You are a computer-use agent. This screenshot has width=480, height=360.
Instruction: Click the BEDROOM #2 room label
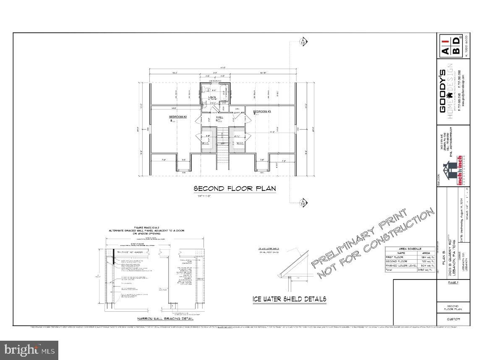pyautogui.click(x=177, y=117)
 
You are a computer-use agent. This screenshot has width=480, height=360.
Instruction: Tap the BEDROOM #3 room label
pyautogui.click(x=261, y=112)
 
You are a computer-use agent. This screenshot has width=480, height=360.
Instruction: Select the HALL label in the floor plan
pyautogui.click(x=219, y=117)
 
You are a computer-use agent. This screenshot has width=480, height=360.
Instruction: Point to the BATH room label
pyautogui.click(x=207, y=97)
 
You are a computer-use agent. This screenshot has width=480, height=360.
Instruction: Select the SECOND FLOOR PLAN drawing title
pyautogui.click(x=235, y=188)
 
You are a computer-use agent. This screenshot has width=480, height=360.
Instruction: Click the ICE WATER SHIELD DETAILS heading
pyautogui.click(x=289, y=299)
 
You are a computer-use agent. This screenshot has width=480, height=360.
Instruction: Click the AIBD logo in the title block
pyautogui.click(x=449, y=47)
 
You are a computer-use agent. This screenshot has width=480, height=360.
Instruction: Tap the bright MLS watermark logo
pyautogui.click(x=29, y=350)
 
